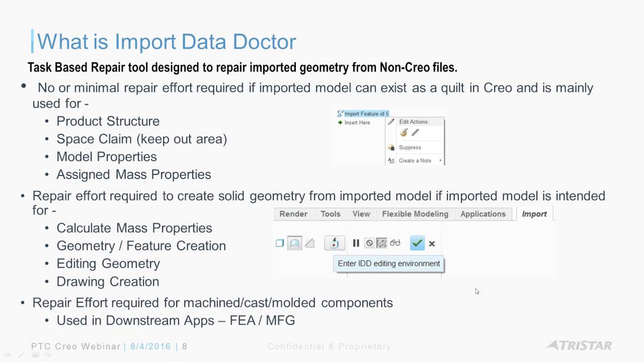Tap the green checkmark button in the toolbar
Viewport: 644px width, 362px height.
tap(417, 243)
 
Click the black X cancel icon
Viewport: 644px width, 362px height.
tap(432, 244)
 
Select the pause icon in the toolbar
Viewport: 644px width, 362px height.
tap(356, 243)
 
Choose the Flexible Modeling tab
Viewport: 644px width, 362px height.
tap(415, 214)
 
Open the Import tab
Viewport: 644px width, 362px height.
tap(534, 214)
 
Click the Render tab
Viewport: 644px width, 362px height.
tap(293, 214)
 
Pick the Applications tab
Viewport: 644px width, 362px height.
tap(483, 214)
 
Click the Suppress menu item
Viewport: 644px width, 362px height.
tap(410, 147)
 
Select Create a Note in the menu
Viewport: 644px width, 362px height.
tap(415, 160)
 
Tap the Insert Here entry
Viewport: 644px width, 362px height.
tap(357, 123)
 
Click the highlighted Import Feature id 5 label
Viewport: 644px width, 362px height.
tap(367, 114)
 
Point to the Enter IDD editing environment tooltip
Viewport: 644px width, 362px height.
tap(389, 263)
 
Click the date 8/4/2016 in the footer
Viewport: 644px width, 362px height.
tap(150, 346)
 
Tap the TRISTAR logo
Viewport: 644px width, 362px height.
tap(579, 345)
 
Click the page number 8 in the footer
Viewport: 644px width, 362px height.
tap(185, 346)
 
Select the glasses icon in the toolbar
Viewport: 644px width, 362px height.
tap(395, 243)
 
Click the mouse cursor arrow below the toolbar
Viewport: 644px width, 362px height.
tap(477, 291)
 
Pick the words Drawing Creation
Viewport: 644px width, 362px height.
tap(108, 282)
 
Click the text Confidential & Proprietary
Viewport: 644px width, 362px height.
tap(329, 346)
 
